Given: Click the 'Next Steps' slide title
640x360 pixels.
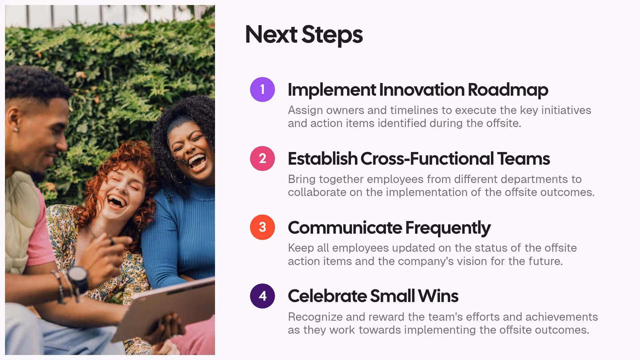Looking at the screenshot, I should pos(304,34).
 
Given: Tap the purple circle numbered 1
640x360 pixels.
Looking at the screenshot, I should pos(262,89).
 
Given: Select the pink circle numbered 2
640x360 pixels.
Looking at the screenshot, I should pos(262,158).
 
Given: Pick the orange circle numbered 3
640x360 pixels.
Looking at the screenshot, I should pos(262,227).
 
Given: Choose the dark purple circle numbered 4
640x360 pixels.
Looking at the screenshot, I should pos(262,296).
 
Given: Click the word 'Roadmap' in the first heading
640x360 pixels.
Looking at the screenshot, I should pos(508,90).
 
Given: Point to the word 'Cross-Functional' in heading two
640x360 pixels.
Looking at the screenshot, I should pos(427,159).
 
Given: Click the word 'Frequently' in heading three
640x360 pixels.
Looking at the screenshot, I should pos(448,228).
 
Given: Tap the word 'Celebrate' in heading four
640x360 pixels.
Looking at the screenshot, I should pos(327,296).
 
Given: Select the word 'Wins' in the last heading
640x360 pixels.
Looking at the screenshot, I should pos(438,296).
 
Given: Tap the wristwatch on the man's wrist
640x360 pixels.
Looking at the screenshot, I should pos(78,277).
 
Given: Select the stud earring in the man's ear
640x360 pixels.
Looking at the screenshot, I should pos(16,129).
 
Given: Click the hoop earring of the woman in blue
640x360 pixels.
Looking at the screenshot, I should pos(178,178).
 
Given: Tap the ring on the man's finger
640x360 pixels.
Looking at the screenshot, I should pos(112,242).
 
